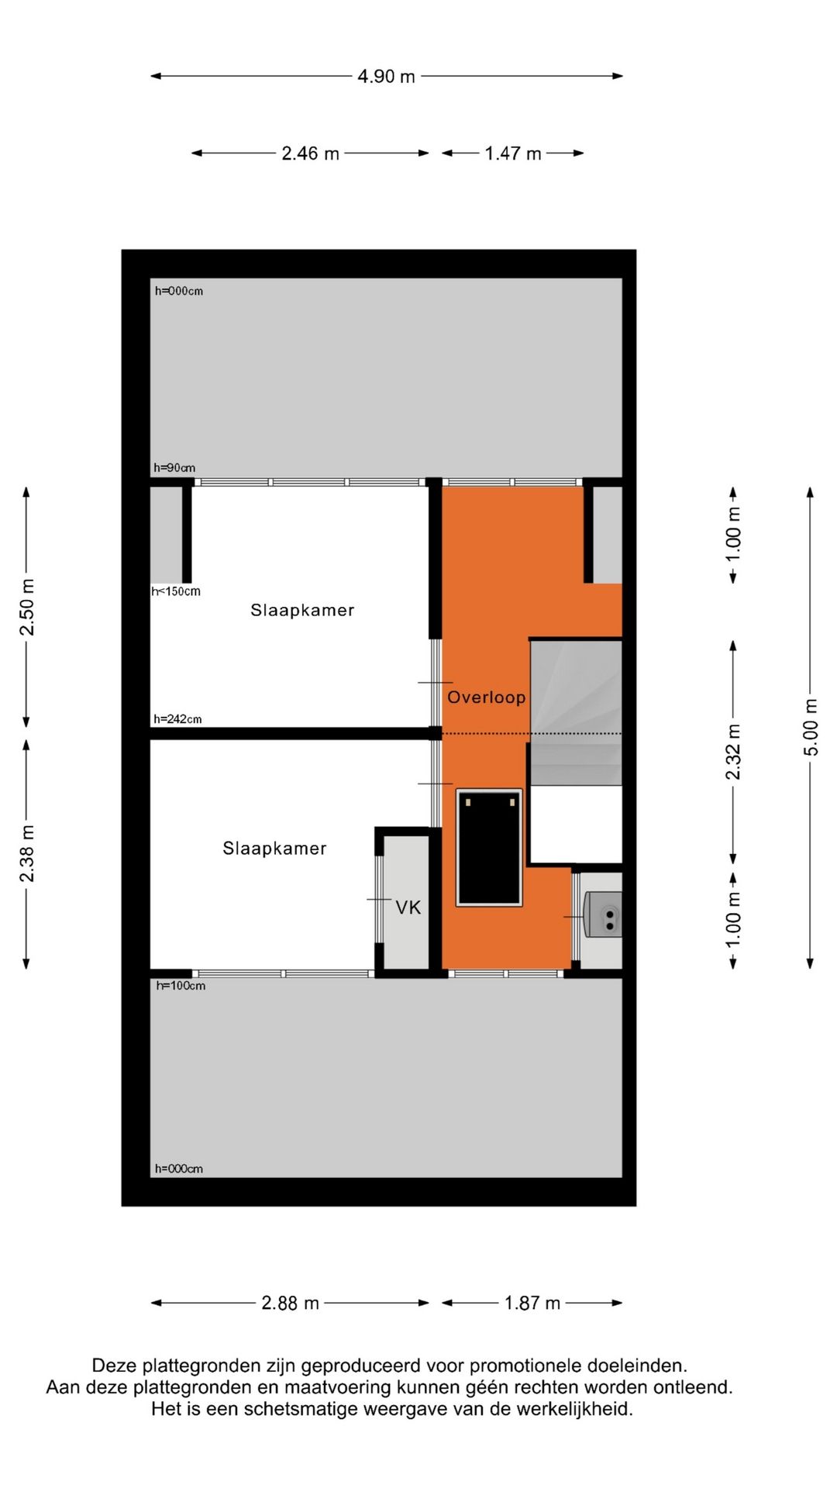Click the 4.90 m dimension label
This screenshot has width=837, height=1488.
pyautogui.click(x=386, y=76)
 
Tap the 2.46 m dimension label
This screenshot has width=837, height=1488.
pyautogui.click(x=310, y=153)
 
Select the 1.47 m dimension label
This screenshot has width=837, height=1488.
pyautogui.click(x=512, y=153)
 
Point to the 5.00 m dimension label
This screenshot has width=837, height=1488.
pyautogui.click(x=810, y=727)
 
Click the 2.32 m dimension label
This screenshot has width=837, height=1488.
pyautogui.click(x=733, y=751)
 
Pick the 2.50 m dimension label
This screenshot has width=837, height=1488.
pyautogui.click(x=26, y=607)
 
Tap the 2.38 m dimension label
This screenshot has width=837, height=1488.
pyautogui.click(x=26, y=853)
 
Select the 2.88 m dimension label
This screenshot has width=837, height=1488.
pyautogui.click(x=290, y=1303)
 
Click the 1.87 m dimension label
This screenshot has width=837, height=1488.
pyautogui.click(x=532, y=1303)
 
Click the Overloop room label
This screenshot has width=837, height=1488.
pyautogui.click(x=486, y=697)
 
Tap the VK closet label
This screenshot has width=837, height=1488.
pyautogui.click(x=408, y=907)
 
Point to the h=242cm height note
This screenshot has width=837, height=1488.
pyautogui.click(x=177, y=719)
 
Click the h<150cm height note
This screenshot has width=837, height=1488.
pyautogui.click(x=176, y=591)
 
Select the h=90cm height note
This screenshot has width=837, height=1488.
pyautogui.click(x=174, y=467)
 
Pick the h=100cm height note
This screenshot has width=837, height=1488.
pyautogui.click(x=181, y=986)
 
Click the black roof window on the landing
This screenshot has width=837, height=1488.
pyautogui.click(x=489, y=847)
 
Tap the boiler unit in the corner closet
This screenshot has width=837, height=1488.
pyautogui.click(x=603, y=914)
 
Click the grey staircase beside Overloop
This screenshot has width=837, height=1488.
pyautogui.click(x=576, y=713)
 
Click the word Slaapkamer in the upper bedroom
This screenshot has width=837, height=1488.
pyautogui.click(x=302, y=610)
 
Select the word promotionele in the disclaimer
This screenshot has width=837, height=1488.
pyautogui.click(x=525, y=1366)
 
